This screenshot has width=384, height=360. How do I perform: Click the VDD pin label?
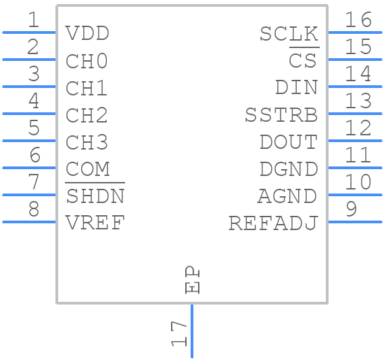87,34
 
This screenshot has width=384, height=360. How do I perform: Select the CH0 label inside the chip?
87,61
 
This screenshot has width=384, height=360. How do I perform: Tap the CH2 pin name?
87,115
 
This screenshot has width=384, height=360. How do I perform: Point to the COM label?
87,169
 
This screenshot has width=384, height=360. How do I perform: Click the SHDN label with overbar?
95,196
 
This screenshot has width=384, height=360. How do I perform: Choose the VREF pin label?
95,223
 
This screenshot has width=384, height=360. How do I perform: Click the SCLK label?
289,34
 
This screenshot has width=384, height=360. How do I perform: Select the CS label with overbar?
303,61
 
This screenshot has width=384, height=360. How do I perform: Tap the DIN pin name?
296,88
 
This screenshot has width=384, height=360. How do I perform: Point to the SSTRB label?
281,115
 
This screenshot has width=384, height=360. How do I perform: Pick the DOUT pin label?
289,142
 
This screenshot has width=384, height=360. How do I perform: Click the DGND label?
289,169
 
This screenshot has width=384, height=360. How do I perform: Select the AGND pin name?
287,196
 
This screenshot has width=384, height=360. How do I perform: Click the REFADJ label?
273,223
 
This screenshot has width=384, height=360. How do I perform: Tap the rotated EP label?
193,279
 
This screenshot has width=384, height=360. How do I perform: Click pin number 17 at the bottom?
179,334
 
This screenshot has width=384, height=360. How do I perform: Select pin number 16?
358,20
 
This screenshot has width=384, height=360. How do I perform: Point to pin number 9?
351,209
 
